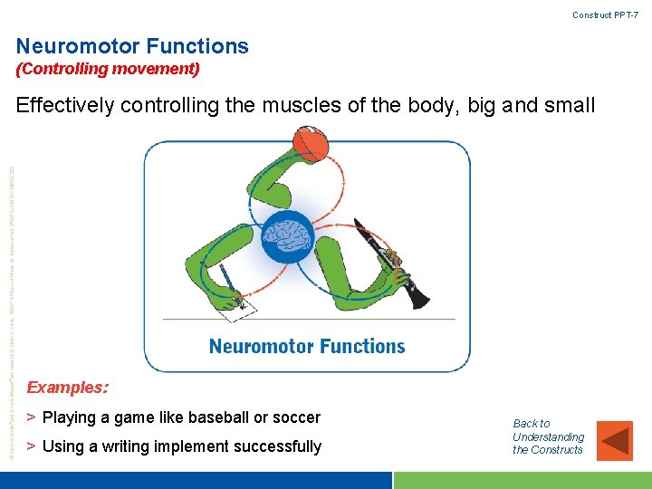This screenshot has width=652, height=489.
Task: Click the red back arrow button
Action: pyautogui.click(x=617, y=440)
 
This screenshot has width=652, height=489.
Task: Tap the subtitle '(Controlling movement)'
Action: pyautogui.click(x=108, y=69)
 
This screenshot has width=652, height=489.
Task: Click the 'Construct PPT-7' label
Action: pyautogui.click(x=605, y=15)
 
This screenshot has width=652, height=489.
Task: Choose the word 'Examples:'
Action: pyautogui.click(x=68, y=388)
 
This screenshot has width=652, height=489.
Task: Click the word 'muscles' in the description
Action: pyautogui.click(x=300, y=106)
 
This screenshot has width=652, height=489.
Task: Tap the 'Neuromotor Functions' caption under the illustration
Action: pyautogui.click(x=307, y=346)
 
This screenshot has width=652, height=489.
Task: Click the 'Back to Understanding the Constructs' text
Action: pyautogui.click(x=548, y=436)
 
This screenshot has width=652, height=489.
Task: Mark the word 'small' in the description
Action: pyautogui.click(x=569, y=106)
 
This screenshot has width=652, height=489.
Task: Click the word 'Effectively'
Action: pyautogui.click(x=65, y=106)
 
